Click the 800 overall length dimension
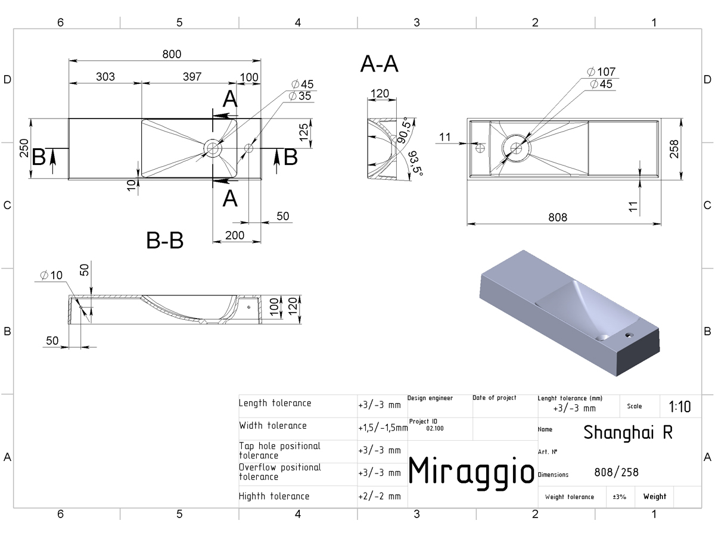coord(172,54)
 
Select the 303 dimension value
coord(105,77)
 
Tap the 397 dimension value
coord(192,77)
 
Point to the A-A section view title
coord(379,64)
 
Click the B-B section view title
coord(165,241)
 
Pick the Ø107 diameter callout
coord(601,71)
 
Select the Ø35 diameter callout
coord(300,96)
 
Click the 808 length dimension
coord(558,217)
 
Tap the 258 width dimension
coord(674,149)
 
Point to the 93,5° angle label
coord(416,163)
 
